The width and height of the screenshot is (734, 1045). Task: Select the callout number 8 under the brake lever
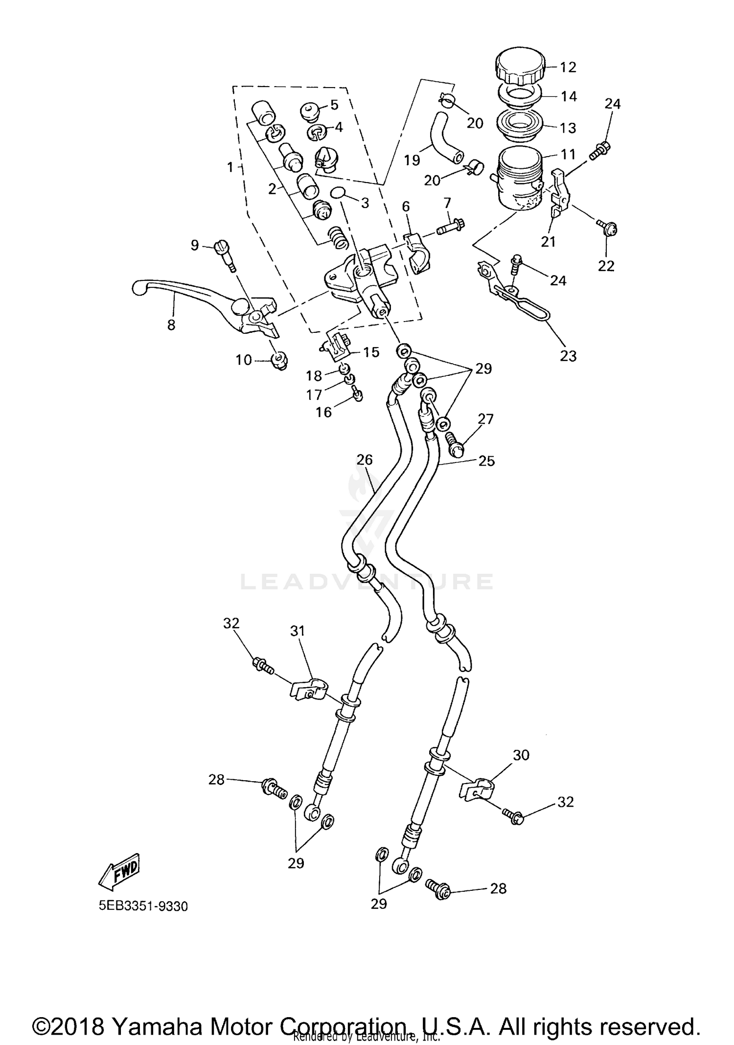tap(171, 325)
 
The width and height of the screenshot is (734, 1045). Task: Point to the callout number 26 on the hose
tap(365, 460)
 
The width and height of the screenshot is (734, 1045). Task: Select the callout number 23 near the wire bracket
tap(568, 356)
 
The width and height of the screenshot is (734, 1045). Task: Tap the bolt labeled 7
tap(450, 227)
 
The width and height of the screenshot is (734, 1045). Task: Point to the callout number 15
tap(371, 352)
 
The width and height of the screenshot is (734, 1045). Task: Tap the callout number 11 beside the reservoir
tap(568, 155)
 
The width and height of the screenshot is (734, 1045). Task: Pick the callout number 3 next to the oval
tap(365, 203)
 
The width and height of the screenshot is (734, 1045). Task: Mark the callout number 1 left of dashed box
tap(230, 167)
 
